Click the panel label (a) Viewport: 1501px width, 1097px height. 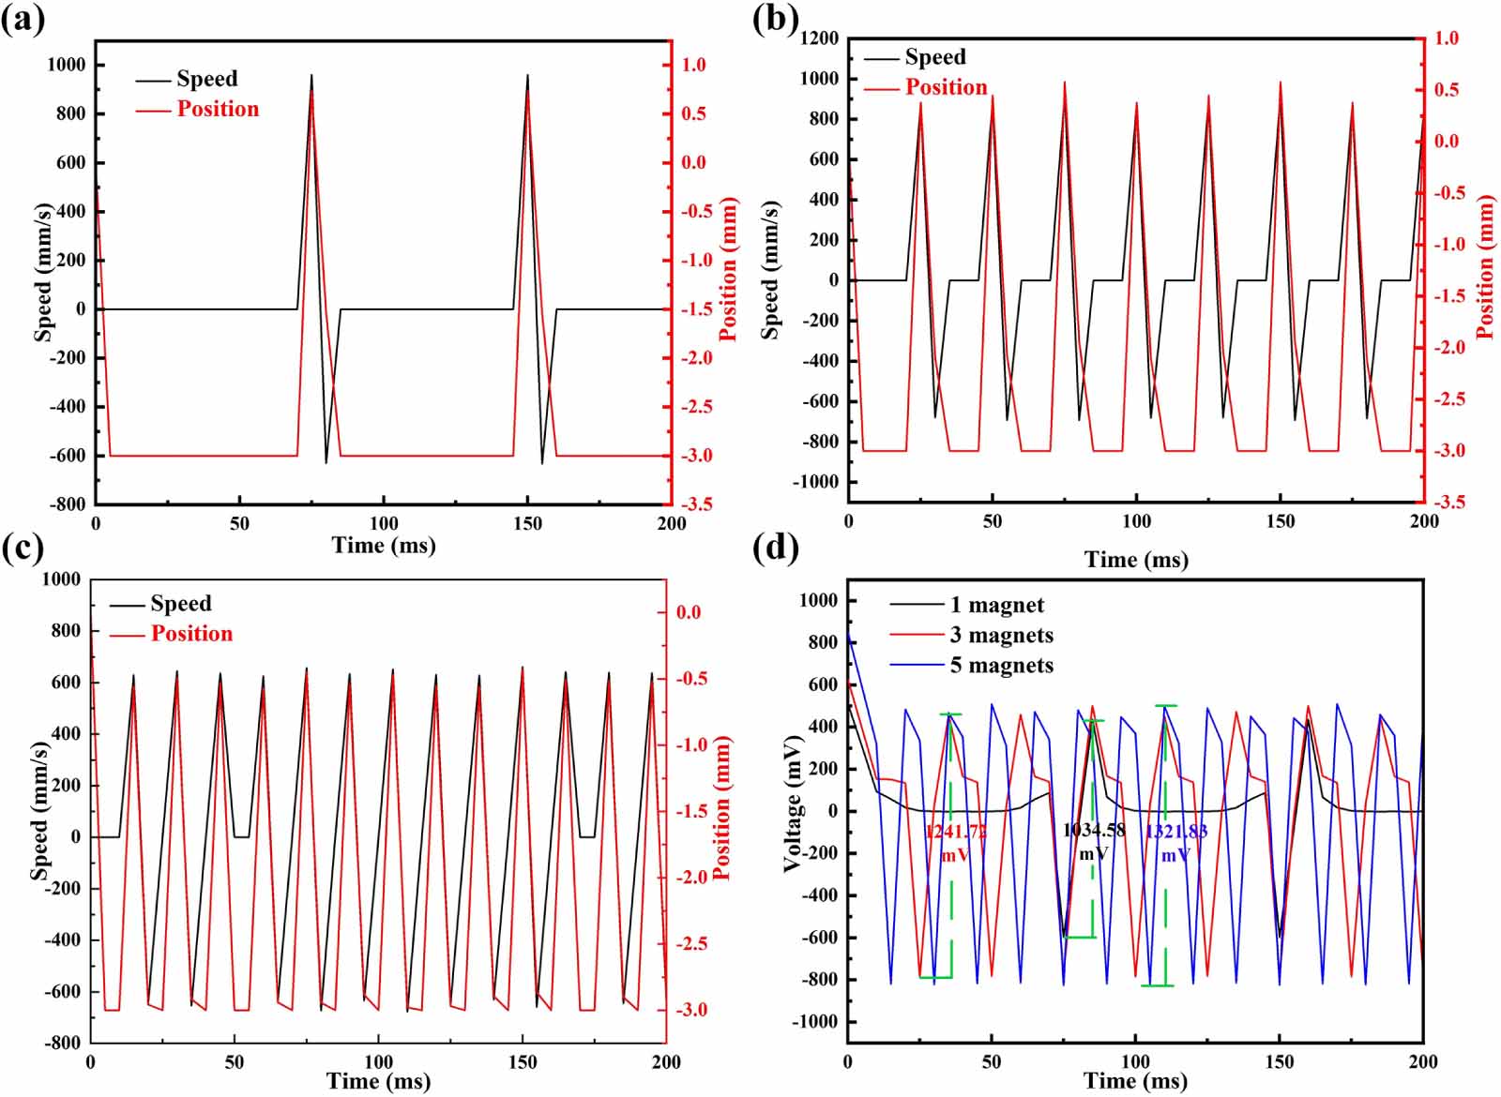pos(23,21)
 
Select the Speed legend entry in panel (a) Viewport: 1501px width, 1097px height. pos(206,79)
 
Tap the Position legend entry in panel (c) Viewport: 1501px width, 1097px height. pos(191,634)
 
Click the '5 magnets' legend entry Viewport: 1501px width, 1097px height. pos(1001,666)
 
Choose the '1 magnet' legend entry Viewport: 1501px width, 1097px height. pos(996,606)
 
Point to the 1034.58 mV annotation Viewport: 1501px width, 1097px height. pos(1093,841)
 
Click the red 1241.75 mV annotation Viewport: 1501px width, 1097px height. pos(955,843)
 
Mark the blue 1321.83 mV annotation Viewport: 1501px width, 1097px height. pos(1175,843)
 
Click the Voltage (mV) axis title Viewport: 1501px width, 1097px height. pos(794,804)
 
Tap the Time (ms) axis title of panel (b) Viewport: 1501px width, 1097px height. pos(1136,560)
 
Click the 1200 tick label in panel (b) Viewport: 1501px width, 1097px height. pos(819,38)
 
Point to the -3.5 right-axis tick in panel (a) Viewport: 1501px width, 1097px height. pos(695,504)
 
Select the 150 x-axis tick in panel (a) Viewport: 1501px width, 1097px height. pos(527,524)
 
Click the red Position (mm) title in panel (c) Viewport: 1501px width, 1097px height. pos(721,808)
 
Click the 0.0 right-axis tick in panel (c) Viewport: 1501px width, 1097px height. pos(689,613)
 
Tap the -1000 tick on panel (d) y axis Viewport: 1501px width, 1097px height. pos(815,1022)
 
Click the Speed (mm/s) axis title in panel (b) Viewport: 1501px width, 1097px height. pos(770,269)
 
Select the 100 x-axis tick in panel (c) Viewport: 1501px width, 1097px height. pos(378,1062)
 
